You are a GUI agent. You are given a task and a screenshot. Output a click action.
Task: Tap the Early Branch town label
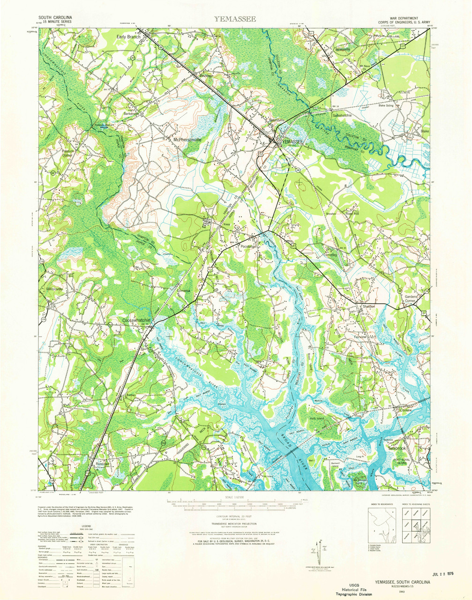click(128, 37)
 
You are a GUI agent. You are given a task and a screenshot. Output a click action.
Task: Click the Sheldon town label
click(369, 306)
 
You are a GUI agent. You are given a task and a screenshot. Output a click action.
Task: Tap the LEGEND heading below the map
click(86, 526)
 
